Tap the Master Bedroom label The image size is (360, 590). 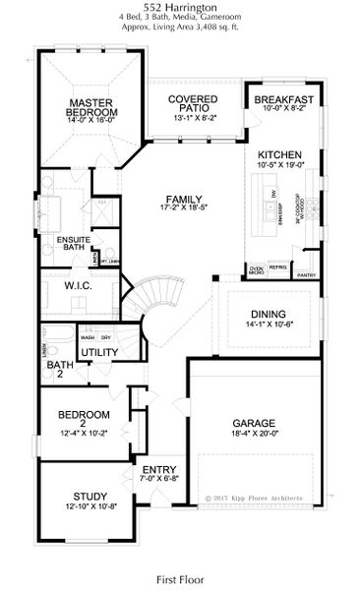[x=92, y=107]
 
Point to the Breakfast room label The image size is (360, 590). [x=283, y=100]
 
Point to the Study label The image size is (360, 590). [x=90, y=496]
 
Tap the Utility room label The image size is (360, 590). [x=99, y=351]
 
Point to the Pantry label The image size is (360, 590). [x=306, y=275]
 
